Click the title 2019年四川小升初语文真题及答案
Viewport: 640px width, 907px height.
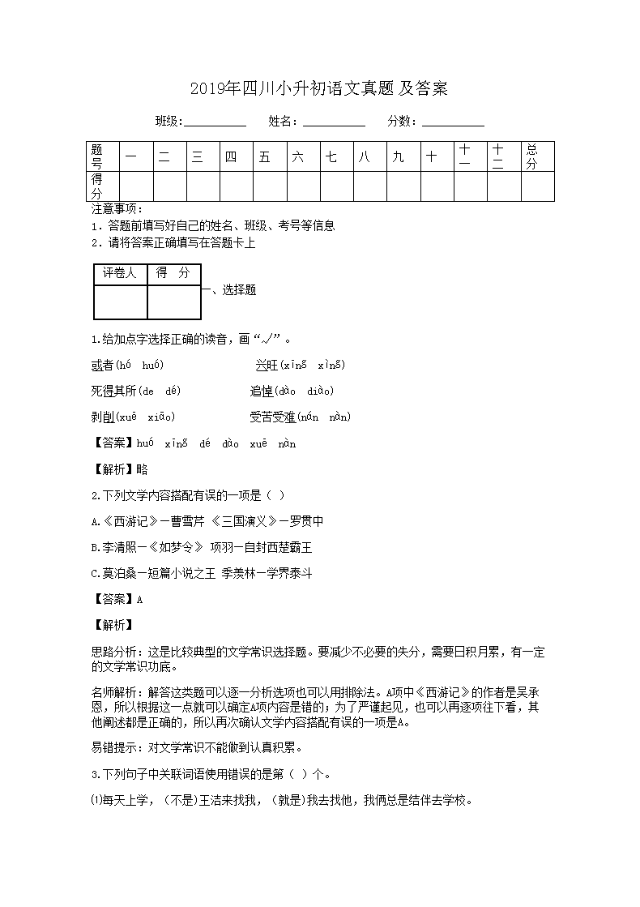click(x=319, y=88)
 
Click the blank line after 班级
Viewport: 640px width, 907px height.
click(x=215, y=122)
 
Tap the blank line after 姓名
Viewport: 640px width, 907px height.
click(x=334, y=122)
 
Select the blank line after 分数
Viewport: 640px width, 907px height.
click(x=453, y=122)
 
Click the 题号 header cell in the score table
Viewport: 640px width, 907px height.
click(x=97, y=156)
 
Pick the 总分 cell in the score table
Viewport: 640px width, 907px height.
click(x=532, y=156)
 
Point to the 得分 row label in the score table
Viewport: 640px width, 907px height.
click(x=97, y=186)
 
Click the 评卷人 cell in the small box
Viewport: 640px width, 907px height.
click(x=121, y=274)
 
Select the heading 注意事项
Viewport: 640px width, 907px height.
click(x=117, y=210)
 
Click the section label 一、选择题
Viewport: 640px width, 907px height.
click(x=229, y=290)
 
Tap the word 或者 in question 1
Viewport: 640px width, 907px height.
click(x=102, y=366)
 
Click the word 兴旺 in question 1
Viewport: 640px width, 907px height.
click(x=266, y=366)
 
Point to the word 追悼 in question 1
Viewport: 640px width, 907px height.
click(x=261, y=391)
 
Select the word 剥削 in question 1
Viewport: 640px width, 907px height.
click(x=102, y=417)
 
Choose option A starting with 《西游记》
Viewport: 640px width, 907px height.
click(x=207, y=521)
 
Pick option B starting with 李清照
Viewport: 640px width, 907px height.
click(x=207, y=547)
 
